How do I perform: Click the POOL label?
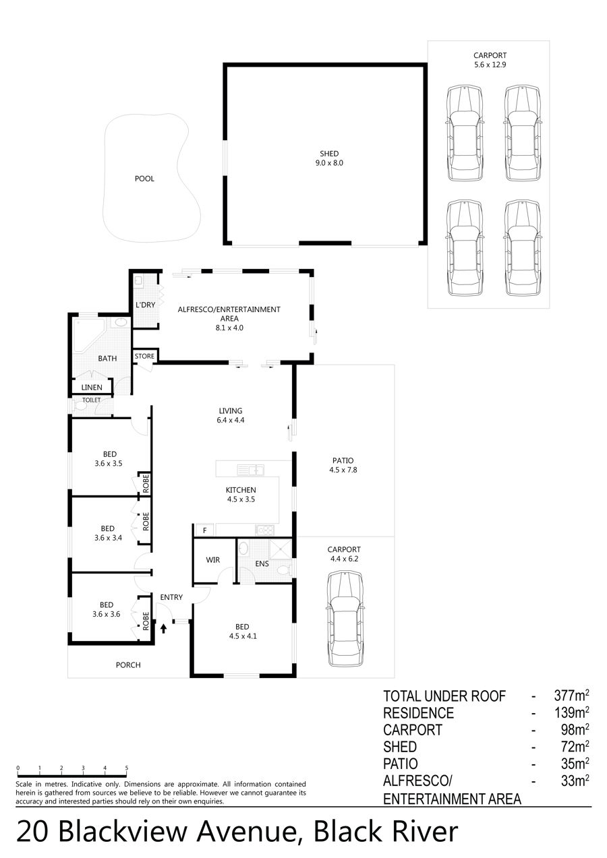click(144, 179)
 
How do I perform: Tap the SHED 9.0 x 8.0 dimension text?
click(329, 163)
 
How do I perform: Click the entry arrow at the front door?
click(164, 628)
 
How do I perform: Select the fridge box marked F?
click(204, 530)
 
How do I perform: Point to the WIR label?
click(212, 560)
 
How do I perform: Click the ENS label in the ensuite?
click(262, 564)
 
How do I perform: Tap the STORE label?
click(144, 357)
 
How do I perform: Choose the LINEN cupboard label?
click(92, 388)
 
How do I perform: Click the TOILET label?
click(92, 400)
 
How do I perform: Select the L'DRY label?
click(145, 305)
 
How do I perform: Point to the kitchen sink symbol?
click(251, 470)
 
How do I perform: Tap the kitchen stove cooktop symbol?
click(265, 530)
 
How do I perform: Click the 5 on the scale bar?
click(127, 768)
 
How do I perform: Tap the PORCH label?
click(128, 665)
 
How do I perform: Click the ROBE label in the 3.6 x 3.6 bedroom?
click(146, 621)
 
